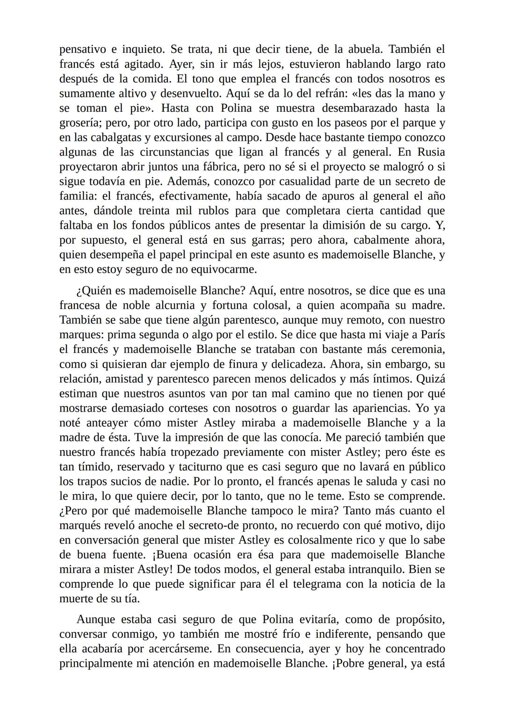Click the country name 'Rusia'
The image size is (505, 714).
(431, 152)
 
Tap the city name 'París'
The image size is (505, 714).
(433, 335)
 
